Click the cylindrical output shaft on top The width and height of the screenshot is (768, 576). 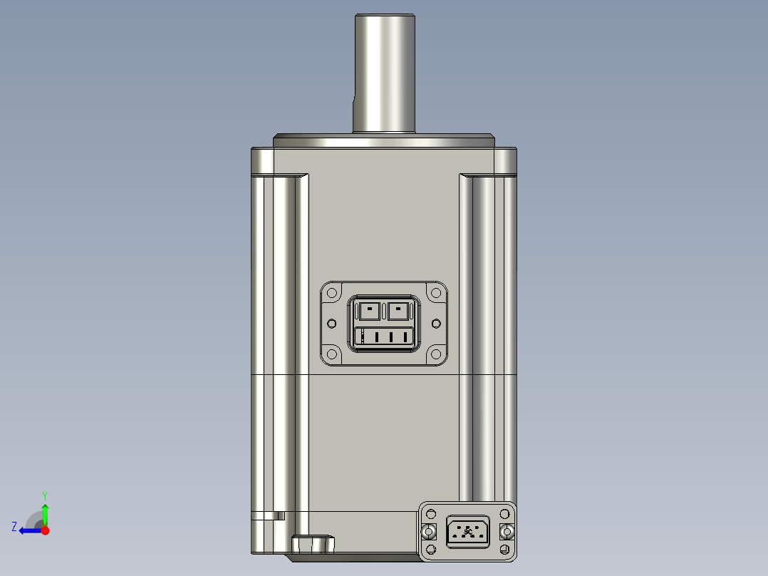tap(385, 71)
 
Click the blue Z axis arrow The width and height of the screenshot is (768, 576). tap(28, 530)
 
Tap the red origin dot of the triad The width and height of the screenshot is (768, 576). tap(45, 530)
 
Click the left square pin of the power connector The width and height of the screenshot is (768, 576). tap(369, 311)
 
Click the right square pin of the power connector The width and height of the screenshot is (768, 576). tap(400, 311)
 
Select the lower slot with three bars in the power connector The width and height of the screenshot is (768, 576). tap(385, 337)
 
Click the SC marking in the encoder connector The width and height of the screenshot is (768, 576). tap(467, 532)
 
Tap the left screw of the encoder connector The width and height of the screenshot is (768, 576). tap(429, 532)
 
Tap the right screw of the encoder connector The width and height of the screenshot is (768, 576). tap(507, 532)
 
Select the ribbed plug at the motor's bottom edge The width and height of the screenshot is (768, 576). tap(313, 545)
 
